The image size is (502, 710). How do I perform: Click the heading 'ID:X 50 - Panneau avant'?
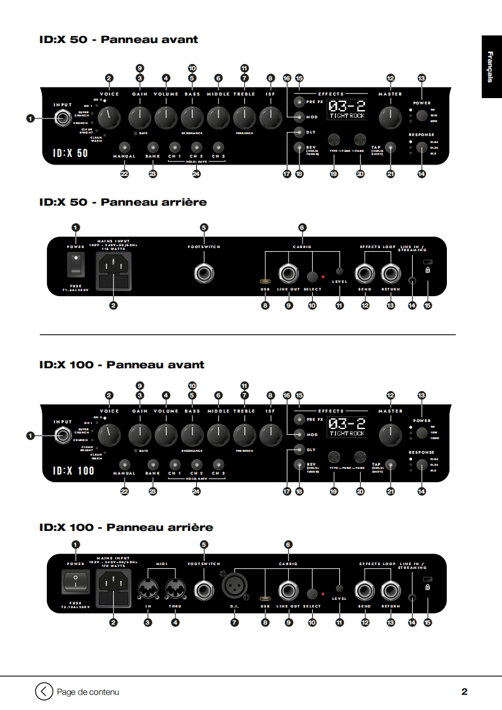[118, 40]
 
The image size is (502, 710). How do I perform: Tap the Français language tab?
[492, 66]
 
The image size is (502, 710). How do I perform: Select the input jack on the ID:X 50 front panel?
[63, 118]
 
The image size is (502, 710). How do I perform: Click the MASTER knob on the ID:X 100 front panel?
[390, 434]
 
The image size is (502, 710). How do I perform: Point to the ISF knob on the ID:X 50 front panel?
[270, 117]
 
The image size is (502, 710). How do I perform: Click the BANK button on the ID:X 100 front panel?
[153, 464]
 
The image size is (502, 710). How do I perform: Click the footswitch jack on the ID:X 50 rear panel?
[204, 273]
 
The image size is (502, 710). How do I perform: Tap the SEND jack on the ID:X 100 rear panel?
[365, 590]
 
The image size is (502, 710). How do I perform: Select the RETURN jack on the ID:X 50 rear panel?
[390, 273]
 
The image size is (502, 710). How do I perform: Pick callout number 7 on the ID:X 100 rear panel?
[234, 623]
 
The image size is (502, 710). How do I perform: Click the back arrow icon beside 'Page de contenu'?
[43, 691]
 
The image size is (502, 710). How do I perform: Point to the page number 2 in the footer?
[464, 692]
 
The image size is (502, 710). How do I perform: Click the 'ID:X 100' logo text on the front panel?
[73, 470]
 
